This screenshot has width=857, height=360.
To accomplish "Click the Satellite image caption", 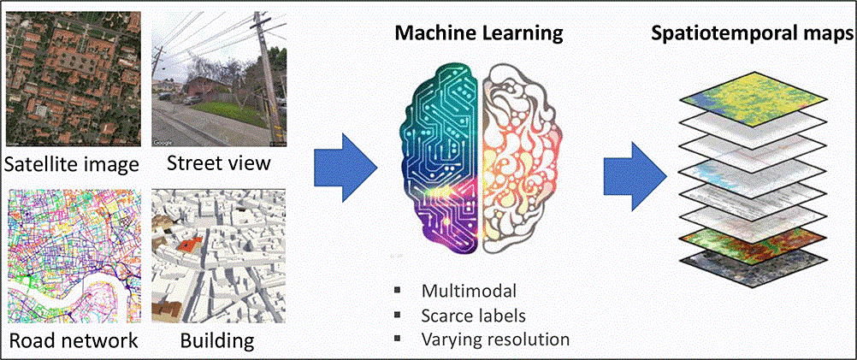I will (72, 162).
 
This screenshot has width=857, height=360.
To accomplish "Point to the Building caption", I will (216, 340).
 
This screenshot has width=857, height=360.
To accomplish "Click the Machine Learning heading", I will (477, 34).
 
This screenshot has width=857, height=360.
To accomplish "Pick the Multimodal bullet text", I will (470, 291).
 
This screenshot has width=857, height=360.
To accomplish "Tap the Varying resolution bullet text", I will (495, 339).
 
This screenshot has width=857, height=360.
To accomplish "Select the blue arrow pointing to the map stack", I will (635, 163).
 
